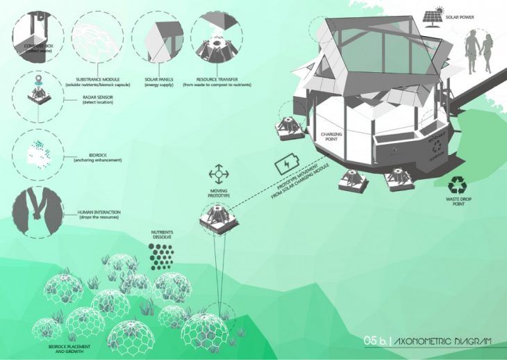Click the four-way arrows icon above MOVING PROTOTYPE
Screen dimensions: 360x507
(219, 171)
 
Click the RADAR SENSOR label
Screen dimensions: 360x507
(94, 99)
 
